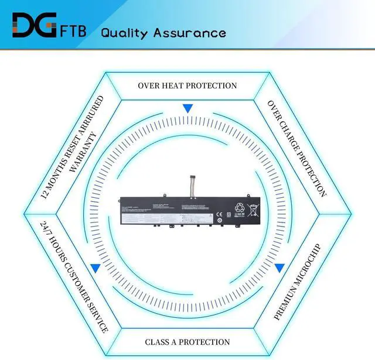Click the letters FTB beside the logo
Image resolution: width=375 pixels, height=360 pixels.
click(72, 30)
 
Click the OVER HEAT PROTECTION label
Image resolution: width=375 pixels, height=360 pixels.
click(187, 85)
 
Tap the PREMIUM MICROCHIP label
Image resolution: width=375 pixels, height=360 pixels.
click(298, 282)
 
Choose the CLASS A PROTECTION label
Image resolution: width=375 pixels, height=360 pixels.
click(187, 342)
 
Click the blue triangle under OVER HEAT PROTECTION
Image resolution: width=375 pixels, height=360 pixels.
click(187, 109)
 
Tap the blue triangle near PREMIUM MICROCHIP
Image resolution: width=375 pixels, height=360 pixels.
click(280, 268)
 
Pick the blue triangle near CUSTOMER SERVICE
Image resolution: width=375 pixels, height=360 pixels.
click(95, 268)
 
